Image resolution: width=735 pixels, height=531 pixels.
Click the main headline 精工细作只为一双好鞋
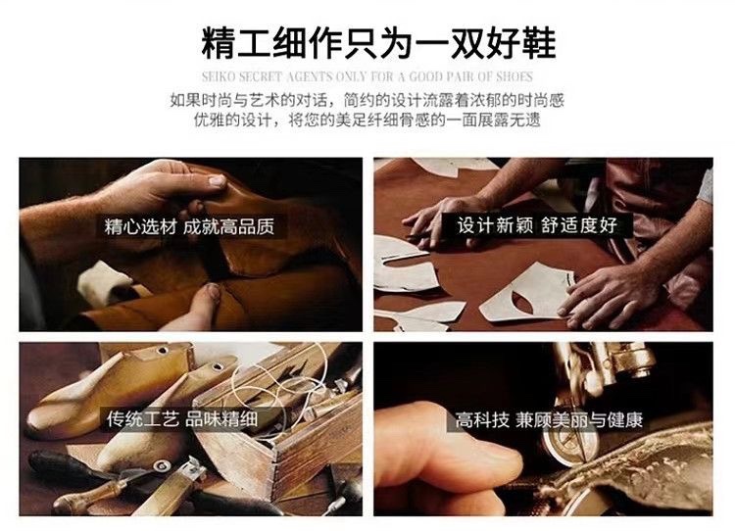click(378, 43)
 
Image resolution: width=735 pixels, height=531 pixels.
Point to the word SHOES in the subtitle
click(514, 76)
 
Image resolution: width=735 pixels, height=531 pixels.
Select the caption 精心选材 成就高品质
click(189, 227)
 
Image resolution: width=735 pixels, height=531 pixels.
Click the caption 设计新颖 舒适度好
click(537, 225)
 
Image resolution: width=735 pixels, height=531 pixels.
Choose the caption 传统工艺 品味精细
click(182, 418)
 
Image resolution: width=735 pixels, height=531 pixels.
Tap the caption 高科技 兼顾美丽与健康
click(549, 420)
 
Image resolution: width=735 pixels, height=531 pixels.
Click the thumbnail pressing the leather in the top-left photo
click(217, 180)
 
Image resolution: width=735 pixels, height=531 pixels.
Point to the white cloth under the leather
click(104, 283)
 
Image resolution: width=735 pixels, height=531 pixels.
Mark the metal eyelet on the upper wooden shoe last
click(163, 351)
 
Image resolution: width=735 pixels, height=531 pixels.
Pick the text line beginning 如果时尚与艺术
click(367, 100)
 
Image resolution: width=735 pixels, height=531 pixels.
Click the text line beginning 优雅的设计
click(367, 121)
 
